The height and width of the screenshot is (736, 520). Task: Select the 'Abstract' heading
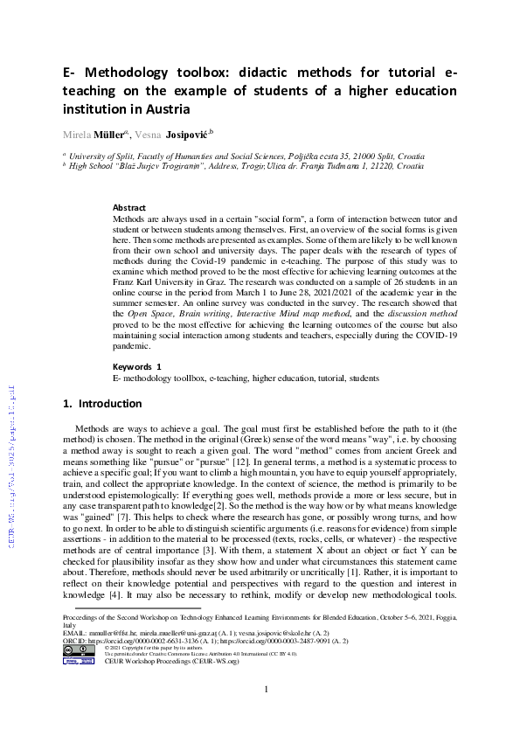[129, 207]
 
